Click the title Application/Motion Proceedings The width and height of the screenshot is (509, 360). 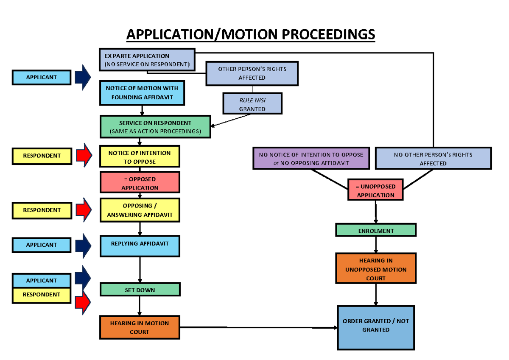point(251,34)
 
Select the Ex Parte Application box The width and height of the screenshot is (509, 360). point(147,60)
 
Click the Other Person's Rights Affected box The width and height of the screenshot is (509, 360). point(252,73)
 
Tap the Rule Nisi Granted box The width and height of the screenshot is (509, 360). point(252,104)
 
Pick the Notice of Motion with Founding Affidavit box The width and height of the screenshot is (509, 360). point(142,93)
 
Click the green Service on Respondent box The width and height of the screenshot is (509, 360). point(155,127)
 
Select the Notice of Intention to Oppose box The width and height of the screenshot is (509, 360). point(140,157)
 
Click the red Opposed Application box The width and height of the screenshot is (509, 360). point(140,183)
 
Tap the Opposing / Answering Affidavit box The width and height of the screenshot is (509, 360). point(140,210)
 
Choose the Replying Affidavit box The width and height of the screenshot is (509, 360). point(140,246)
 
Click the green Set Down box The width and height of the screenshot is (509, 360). point(140,290)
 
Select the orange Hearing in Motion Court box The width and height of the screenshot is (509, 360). point(140,327)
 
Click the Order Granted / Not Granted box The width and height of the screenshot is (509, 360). point(376,327)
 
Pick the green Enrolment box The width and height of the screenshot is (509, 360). point(376,230)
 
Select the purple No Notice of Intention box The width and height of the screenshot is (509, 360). point(311,159)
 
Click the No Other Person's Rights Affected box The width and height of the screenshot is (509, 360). point(433,159)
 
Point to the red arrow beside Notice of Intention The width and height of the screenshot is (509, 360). point(84,155)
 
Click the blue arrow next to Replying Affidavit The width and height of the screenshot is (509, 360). point(83,245)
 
